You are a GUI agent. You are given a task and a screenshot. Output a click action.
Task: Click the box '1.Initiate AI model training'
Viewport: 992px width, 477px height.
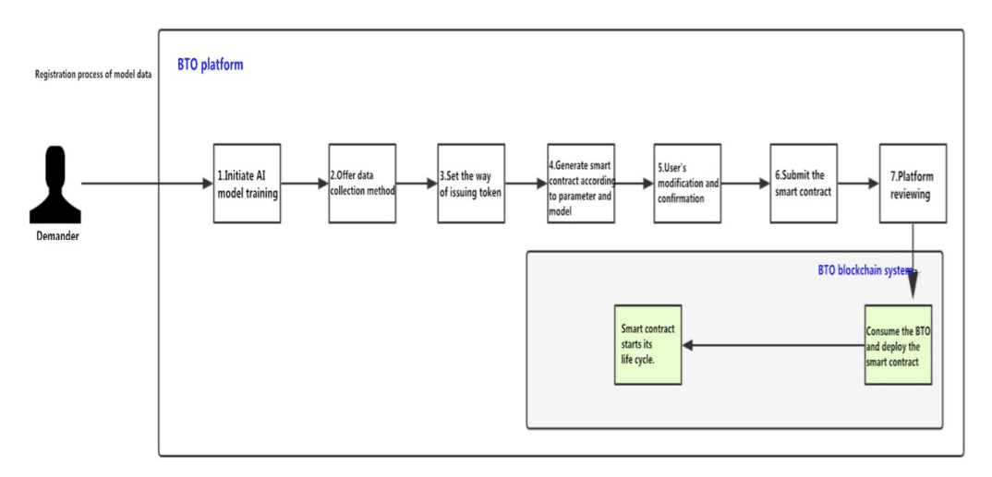click(x=247, y=184)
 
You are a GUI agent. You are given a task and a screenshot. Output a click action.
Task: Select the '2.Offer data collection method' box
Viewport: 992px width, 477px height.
click(x=362, y=184)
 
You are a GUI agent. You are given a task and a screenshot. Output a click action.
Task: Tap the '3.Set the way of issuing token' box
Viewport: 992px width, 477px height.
click(x=471, y=184)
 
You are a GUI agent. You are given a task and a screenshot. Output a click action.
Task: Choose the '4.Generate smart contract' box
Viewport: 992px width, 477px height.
click(x=581, y=184)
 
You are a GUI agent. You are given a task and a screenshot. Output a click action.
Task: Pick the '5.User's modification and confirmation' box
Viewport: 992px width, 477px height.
click(x=688, y=184)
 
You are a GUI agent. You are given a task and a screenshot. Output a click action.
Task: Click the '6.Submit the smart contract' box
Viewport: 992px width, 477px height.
click(x=804, y=184)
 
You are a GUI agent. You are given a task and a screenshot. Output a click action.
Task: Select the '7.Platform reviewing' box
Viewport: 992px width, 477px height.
click(x=913, y=184)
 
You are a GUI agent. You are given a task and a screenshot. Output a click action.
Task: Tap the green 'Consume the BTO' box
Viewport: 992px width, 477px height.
click(x=899, y=345)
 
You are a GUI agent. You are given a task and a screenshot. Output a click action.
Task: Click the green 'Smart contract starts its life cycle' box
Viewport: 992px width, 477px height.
click(x=647, y=345)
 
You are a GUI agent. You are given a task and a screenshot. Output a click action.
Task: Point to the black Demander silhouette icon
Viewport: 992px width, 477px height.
click(x=55, y=185)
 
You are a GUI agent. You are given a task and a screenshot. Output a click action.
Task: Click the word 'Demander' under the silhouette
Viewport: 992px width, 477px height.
click(x=57, y=237)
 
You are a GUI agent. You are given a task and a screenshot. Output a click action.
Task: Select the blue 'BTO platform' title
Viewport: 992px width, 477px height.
click(x=210, y=66)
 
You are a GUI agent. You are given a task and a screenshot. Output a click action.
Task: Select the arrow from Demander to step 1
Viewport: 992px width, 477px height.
click(x=148, y=184)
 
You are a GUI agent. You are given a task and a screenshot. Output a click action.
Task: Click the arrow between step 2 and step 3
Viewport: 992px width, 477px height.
click(x=417, y=184)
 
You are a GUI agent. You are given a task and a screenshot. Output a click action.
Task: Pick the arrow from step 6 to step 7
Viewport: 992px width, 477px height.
click(x=858, y=184)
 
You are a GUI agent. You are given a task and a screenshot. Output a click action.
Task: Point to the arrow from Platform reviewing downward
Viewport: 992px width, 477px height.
click(x=913, y=264)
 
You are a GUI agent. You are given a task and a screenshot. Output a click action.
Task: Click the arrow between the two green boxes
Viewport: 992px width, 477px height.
click(x=773, y=346)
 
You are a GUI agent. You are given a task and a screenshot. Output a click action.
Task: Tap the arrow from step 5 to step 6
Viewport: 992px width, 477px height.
click(x=746, y=184)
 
